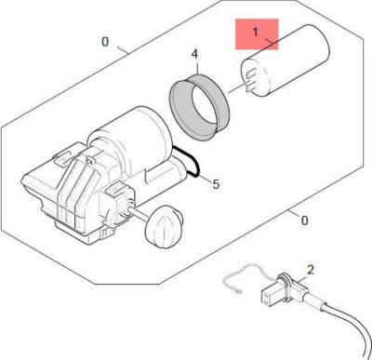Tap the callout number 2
pos(311,270)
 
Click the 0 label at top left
pos(104,43)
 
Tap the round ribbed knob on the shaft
pos(165,225)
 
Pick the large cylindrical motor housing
pos(138,140)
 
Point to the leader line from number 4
pos(196,69)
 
